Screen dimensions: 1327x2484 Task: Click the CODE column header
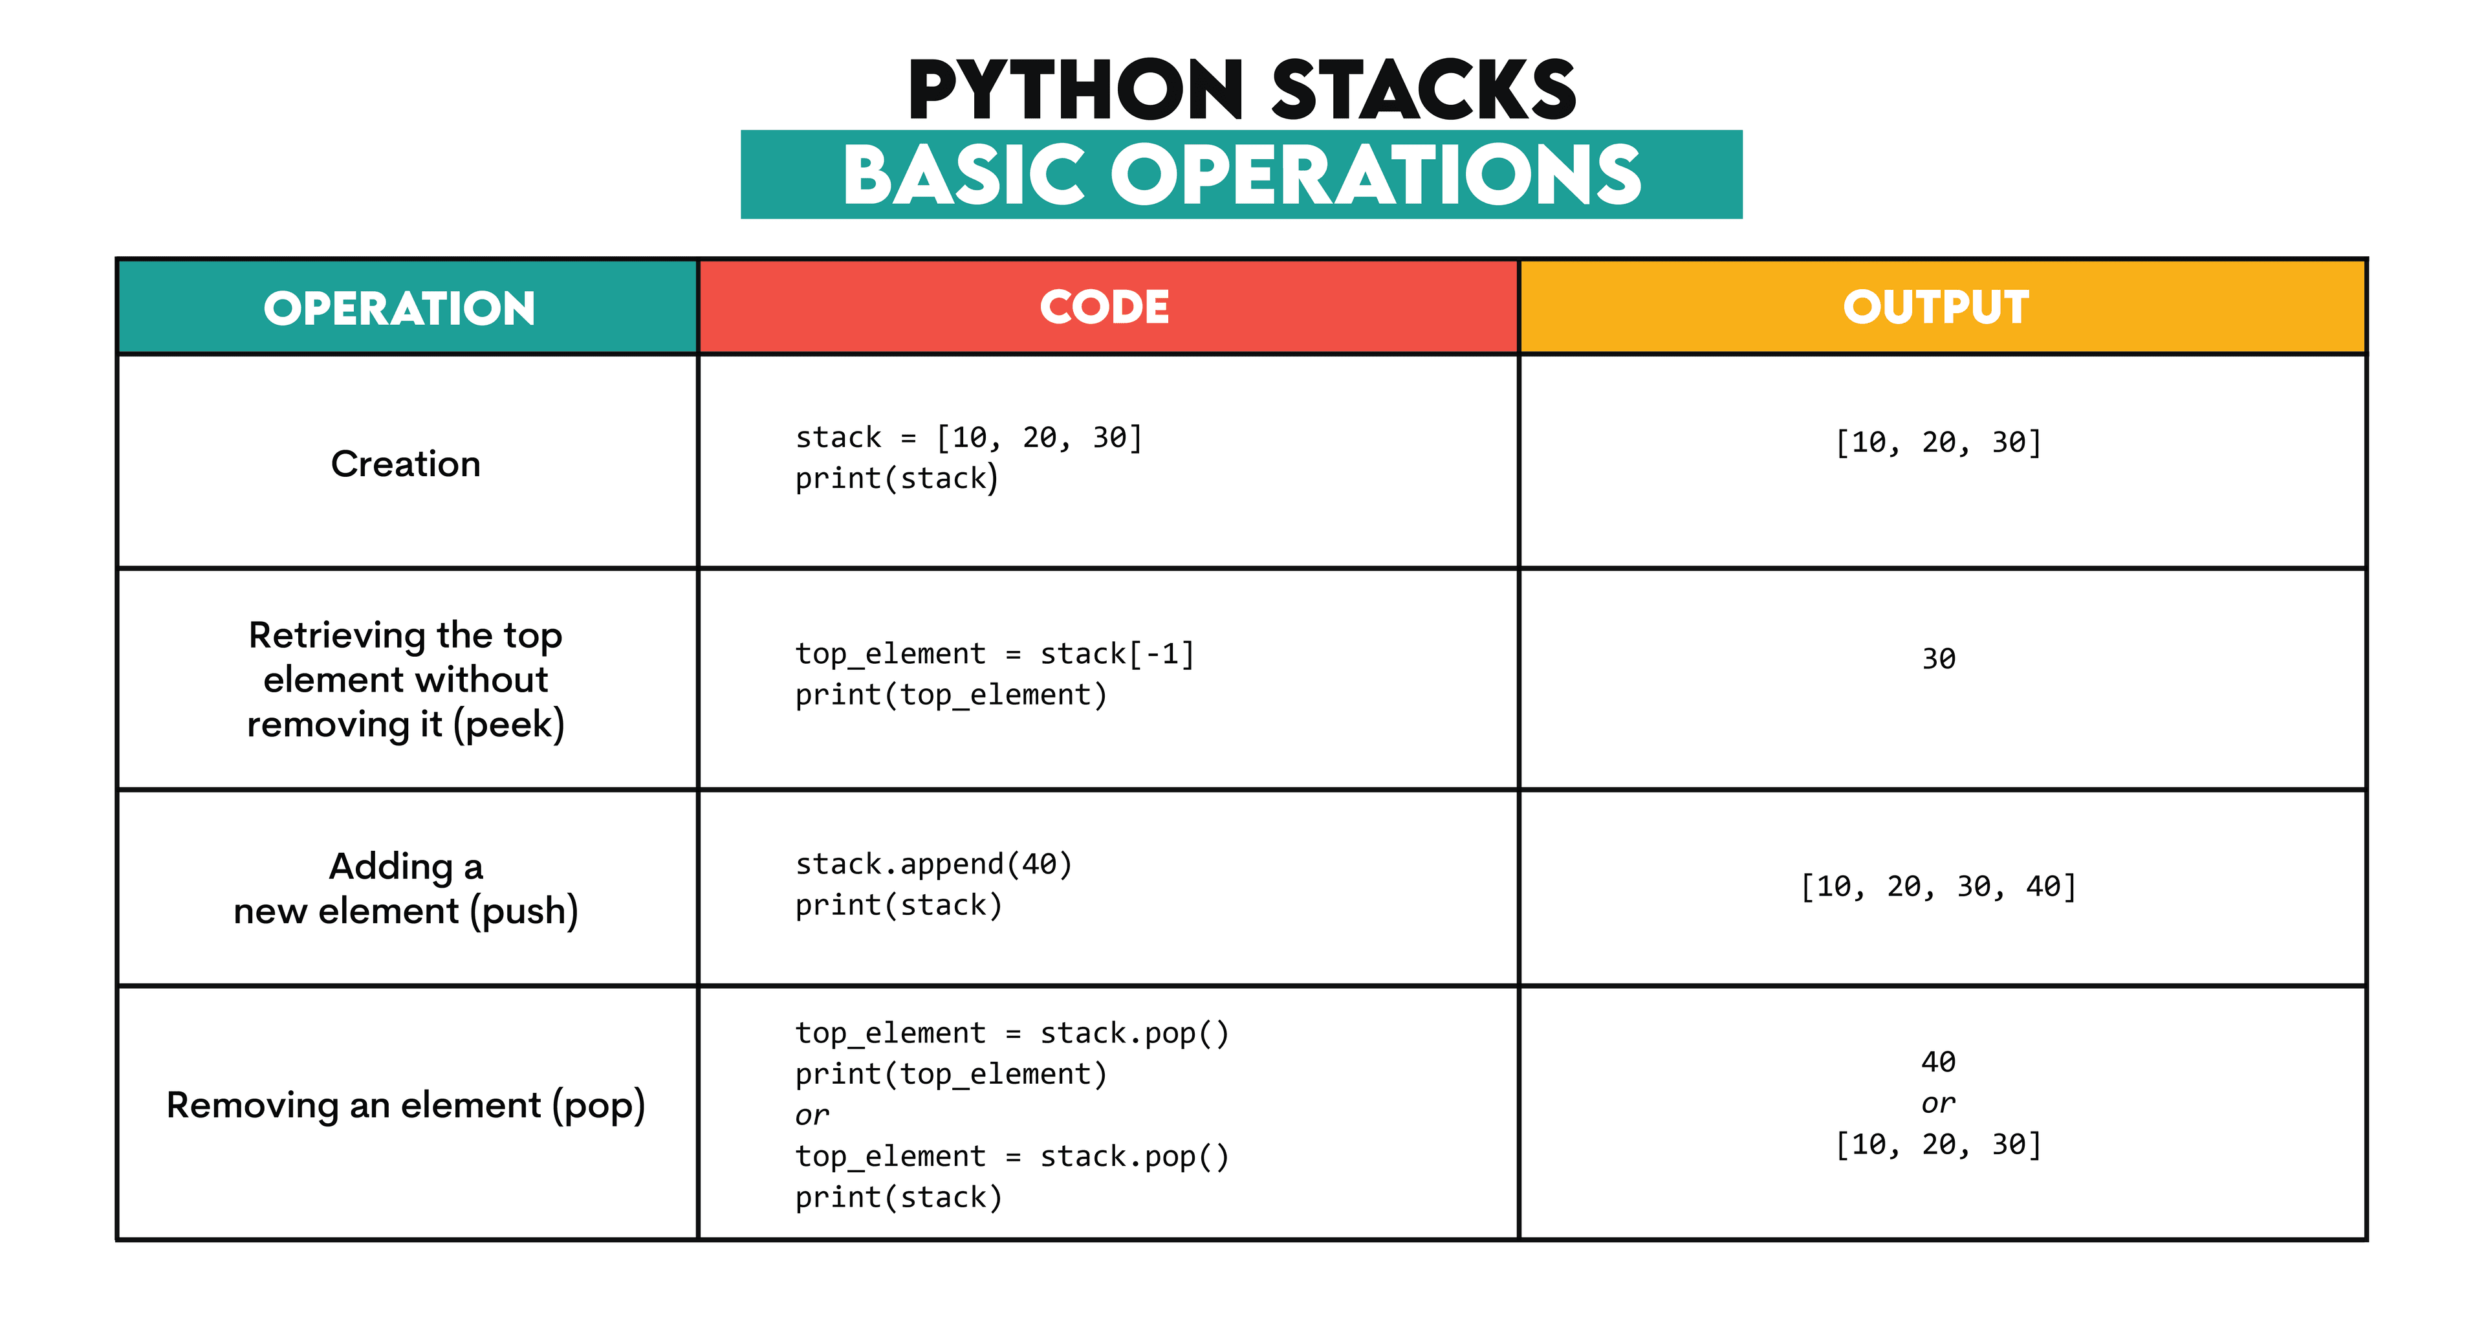(1104, 307)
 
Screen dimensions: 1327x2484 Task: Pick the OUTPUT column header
(1935, 307)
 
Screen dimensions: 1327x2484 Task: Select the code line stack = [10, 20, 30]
(968, 438)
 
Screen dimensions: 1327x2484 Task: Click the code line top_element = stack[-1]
(994, 654)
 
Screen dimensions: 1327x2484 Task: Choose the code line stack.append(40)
(933, 864)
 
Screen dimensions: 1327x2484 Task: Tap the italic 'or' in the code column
(812, 1116)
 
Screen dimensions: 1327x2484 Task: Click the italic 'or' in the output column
(1938, 1103)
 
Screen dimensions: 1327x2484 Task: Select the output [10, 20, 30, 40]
(1938, 886)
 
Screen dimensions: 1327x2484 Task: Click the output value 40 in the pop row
(1938, 1062)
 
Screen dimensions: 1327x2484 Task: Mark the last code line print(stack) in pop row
(899, 1198)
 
